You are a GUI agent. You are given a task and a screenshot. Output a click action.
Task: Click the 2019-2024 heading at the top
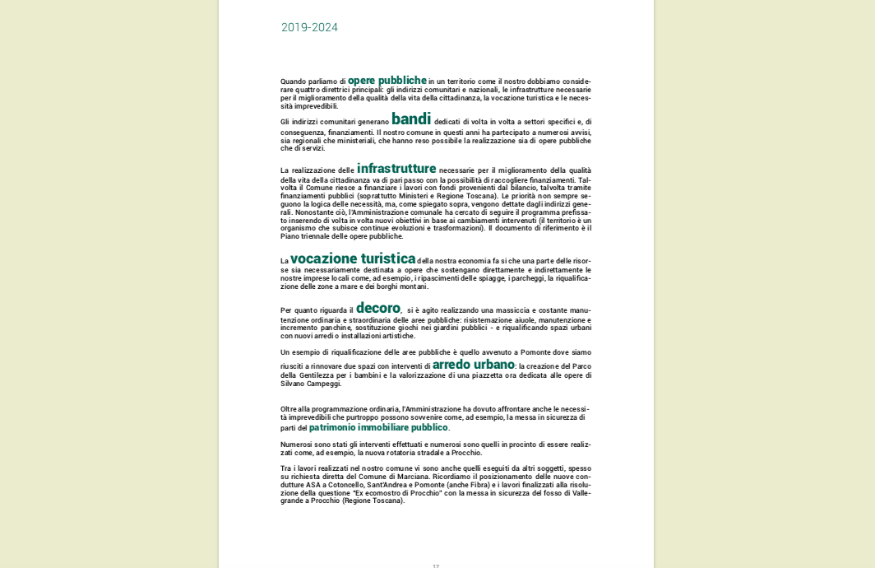click(x=309, y=27)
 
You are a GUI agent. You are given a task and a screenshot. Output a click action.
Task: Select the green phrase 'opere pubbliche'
click(x=387, y=81)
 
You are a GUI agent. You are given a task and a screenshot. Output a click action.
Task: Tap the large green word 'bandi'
click(x=411, y=119)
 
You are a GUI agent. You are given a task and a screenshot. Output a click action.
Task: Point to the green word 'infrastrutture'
click(x=396, y=169)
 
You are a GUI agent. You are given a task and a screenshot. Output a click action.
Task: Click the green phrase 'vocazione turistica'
click(x=353, y=259)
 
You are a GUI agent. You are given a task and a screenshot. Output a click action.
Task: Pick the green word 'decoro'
click(x=378, y=309)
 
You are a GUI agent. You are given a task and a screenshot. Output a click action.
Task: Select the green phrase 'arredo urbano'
click(x=474, y=365)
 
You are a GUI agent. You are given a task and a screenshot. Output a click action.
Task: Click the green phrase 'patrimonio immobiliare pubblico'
click(x=378, y=428)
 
